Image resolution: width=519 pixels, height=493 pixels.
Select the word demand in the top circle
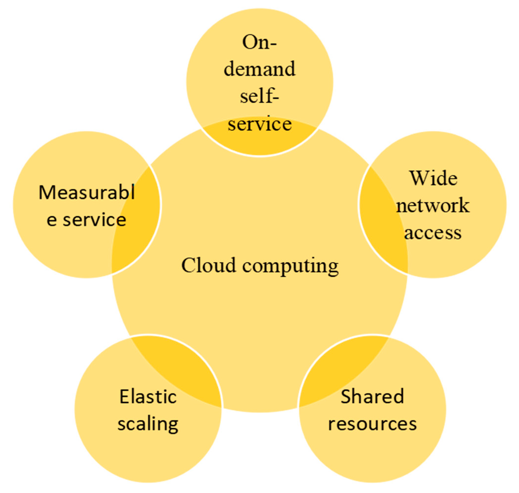click(x=259, y=69)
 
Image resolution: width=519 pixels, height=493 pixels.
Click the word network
click(x=432, y=206)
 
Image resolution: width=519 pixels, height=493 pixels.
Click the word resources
click(x=372, y=424)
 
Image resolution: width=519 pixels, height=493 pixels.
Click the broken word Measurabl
click(x=87, y=192)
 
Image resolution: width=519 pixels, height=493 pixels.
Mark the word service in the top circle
click(x=259, y=124)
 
